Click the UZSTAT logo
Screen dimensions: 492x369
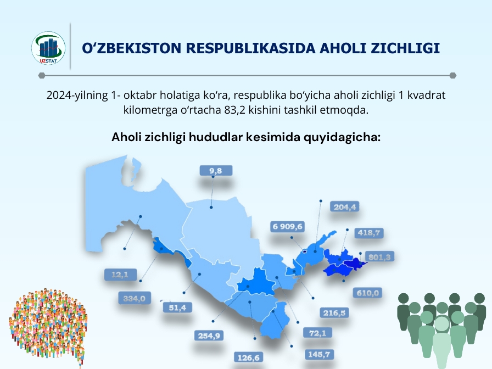tap(48, 48)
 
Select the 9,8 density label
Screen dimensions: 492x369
tap(216, 171)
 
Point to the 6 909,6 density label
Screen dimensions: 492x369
tap(287, 227)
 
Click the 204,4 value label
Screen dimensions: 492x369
tap(344, 207)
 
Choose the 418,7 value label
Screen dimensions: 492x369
tap(369, 233)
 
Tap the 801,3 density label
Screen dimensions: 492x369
tap(379, 257)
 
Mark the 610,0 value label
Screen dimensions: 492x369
tap(367, 293)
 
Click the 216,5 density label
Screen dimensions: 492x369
tap(334, 313)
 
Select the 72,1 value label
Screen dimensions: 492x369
tap(317, 333)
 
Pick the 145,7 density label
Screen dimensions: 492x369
tap(319, 354)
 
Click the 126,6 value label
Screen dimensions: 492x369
tap(249, 357)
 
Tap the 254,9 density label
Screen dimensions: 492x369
tap(209, 336)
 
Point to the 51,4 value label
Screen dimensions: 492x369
tap(177, 307)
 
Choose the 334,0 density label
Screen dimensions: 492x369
tap(135, 298)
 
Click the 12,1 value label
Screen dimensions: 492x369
tap(120, 275)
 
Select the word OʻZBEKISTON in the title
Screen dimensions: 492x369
tap(132, 48)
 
